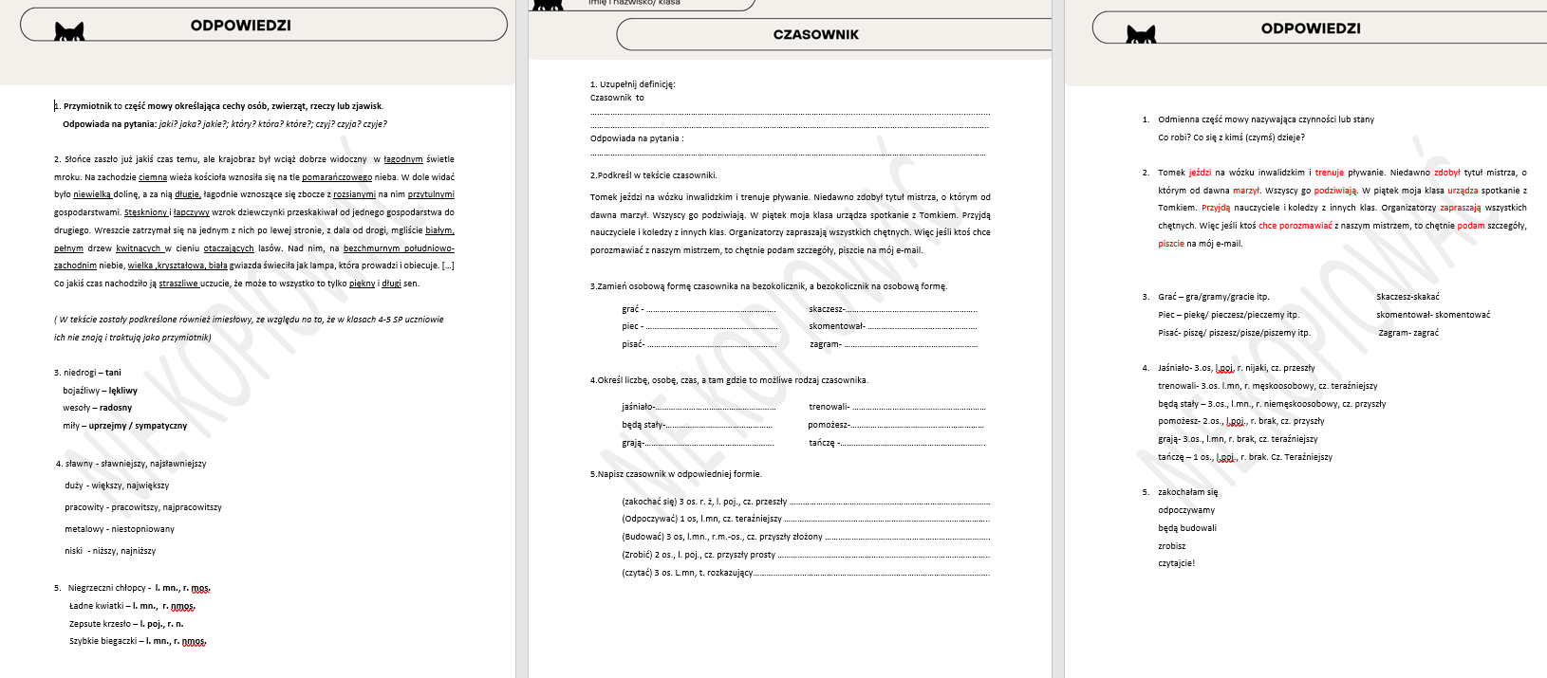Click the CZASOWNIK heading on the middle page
(x=815, y=35)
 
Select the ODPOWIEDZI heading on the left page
(x=240, y=26)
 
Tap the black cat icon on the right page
(x=1141, y=36)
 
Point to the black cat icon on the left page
(x=69, y=32)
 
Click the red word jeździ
(x=1200, y=173)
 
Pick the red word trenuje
(x=1329, y=173)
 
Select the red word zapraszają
(x=1460, y=208)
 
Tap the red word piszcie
(x=1171, y=244)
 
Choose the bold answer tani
(x=113, y=373)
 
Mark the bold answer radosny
(x=116, y=408)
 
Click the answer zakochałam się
(x=1187, y=492)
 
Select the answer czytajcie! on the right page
(x=1176, y=563)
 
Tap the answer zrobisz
(x=1171, y=546)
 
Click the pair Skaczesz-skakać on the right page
(x=1407, y=297)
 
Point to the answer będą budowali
(x=1186, y=528)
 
